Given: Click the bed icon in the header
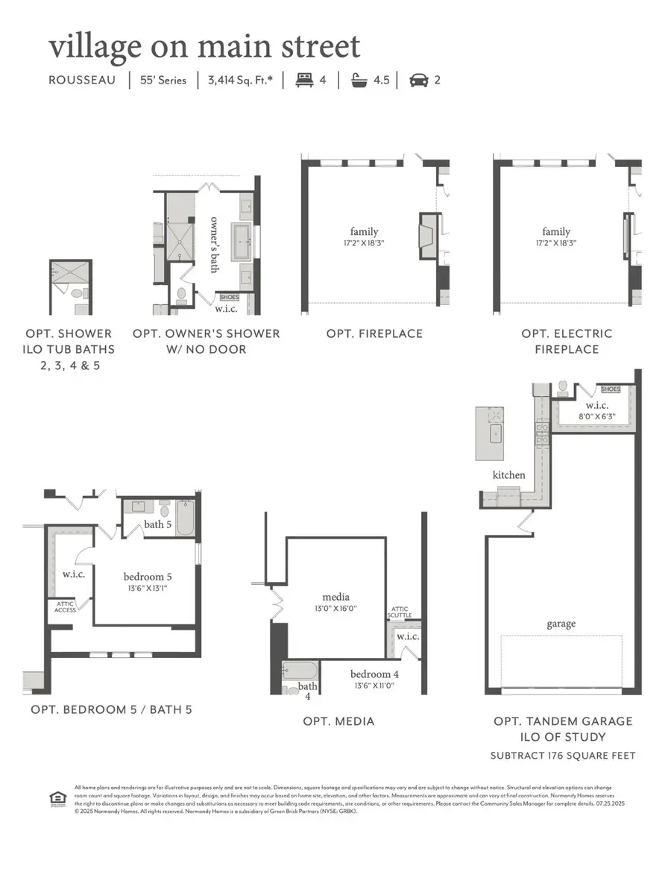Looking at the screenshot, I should pos(303,80).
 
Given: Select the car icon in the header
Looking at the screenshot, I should pos(419,80).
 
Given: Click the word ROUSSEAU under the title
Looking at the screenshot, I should pos(83,80).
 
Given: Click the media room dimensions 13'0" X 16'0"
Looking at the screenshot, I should pos(336,609).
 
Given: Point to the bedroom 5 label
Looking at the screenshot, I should pos(148,576).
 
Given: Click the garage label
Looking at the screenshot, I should pos(561,624).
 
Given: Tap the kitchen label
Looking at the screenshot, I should pos(508,474).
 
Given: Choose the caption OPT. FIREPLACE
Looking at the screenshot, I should pos(374,333).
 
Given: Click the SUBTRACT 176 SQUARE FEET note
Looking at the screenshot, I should pos(563,756).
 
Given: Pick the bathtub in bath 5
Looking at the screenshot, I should pos(185,516).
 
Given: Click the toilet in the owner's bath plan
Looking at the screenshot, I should pos(180,295).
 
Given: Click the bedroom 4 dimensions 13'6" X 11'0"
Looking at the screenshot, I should pos(372,686).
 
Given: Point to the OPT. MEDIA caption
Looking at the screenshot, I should pos(338,721).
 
